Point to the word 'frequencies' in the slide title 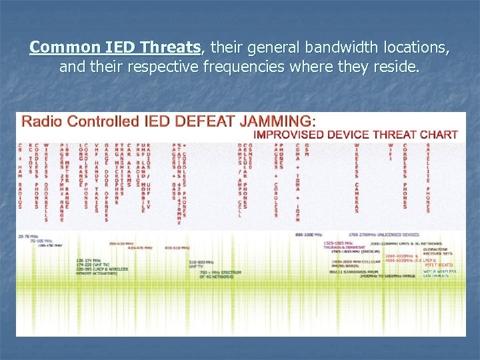249,67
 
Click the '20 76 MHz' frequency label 29,237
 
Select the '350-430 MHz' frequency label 121,244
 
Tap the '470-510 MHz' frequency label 177,247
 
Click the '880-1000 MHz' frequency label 308,235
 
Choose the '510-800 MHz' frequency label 201,262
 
